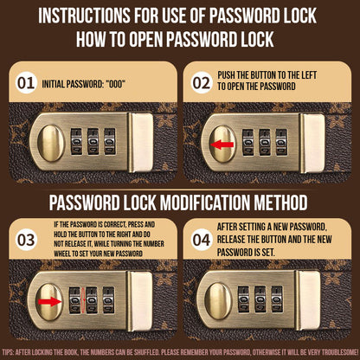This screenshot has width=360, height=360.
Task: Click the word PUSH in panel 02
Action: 228,76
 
